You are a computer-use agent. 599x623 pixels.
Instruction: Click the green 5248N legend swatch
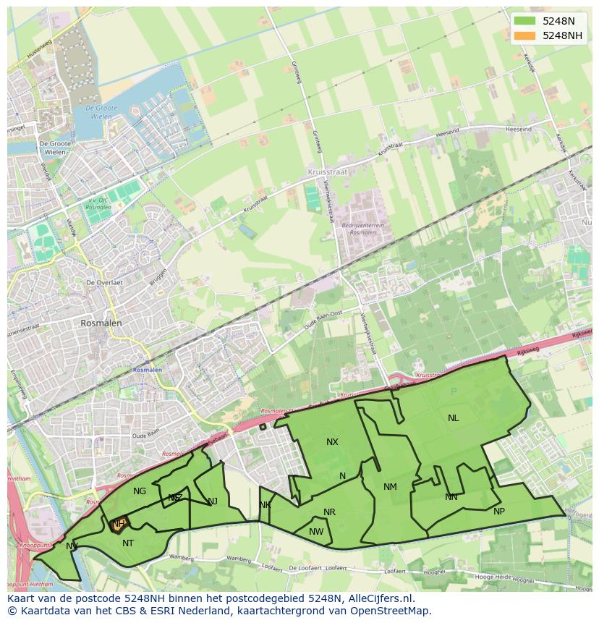point(525,21)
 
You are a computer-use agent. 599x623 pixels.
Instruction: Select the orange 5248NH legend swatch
point(525,35)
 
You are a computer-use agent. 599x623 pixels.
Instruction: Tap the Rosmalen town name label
point(101,323)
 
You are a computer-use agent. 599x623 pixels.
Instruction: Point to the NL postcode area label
point(453,418)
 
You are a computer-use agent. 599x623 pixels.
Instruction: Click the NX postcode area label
point(332,441)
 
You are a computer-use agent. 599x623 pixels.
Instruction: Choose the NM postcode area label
point(390,487)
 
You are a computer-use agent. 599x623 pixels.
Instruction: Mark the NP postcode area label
point(498,512)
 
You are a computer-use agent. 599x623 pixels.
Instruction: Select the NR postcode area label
point(329,512)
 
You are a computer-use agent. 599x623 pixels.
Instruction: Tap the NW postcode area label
point(316,532)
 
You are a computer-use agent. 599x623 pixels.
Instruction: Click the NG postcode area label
point(140,491)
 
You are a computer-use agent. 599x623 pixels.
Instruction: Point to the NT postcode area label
point(128,543)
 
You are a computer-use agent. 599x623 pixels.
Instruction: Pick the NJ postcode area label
point(213,501)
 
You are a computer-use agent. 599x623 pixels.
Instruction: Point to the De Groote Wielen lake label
point(101,111)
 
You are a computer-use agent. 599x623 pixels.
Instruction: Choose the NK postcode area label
point(265,504)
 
